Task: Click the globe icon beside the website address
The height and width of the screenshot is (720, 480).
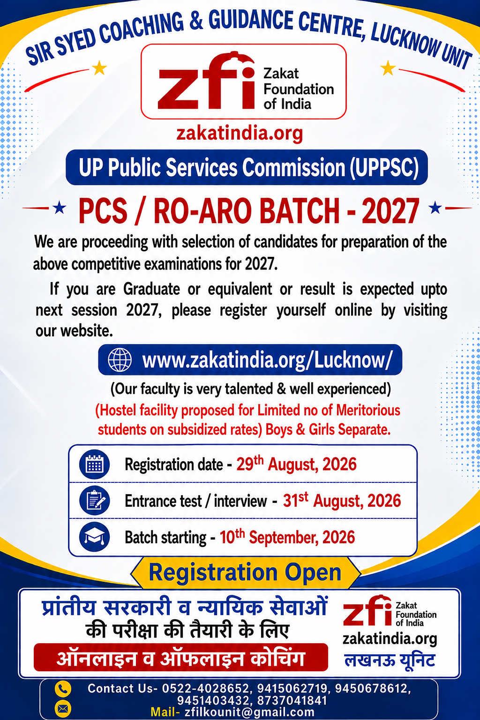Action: (120, 360)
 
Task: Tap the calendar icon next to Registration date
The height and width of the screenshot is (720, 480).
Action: (94, 465)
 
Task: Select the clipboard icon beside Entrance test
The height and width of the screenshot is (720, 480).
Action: (94, 501)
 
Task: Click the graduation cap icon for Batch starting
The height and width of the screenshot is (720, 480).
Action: (94, 537)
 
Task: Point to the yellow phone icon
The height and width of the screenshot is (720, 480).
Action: (63, 689)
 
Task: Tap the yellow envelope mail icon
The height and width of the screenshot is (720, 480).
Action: (63, 708)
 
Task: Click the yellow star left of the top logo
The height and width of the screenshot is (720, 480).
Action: (99, 68)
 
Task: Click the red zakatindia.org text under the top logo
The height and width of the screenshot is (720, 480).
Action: (240, 134)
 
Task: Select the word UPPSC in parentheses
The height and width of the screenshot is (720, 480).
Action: (384, 167)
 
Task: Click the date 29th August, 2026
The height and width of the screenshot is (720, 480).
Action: (296, 464)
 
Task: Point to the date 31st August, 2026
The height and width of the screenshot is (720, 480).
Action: (342, 501)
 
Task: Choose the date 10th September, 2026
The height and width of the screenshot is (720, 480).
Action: (287, 537)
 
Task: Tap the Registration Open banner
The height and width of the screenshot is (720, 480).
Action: (245, 572)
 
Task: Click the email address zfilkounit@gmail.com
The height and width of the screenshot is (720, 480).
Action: (249, 712)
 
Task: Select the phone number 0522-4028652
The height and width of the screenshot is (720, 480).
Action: (205, 688)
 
